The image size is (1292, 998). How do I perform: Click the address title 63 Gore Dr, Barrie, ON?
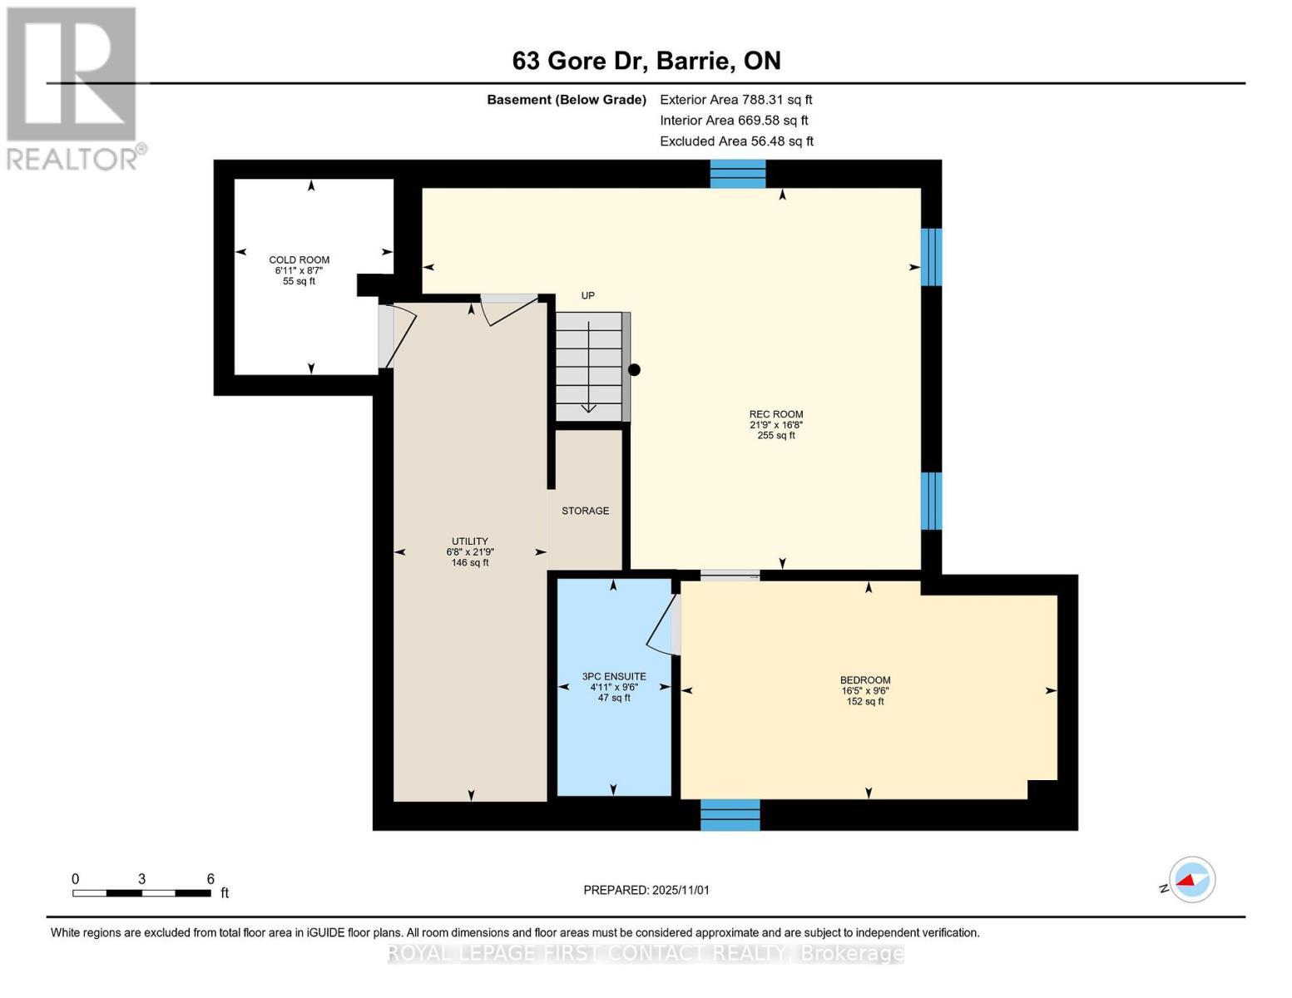pos(646,61)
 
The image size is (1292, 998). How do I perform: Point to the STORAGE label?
pos(585,511)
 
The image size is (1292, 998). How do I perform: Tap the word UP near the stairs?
pos(587,295)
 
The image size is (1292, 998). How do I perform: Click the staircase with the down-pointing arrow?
pos(588,367)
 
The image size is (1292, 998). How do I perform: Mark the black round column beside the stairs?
pos(635,370)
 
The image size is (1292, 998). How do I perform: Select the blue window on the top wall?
pos(737,174)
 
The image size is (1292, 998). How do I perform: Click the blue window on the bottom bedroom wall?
pos(730,815)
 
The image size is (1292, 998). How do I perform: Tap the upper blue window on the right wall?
pos(931,257)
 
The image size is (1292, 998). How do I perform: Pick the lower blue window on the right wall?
pos(931,501)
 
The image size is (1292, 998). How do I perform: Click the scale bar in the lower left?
pos(141,892)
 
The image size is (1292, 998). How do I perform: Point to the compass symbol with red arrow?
pos(1191,880)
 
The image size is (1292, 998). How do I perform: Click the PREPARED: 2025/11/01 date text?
pos(646,890)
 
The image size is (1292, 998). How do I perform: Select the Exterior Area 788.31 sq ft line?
pos(735,100)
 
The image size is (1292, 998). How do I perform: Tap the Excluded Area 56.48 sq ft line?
pos(736,141)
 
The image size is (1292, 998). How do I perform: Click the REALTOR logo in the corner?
pos(73,87)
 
